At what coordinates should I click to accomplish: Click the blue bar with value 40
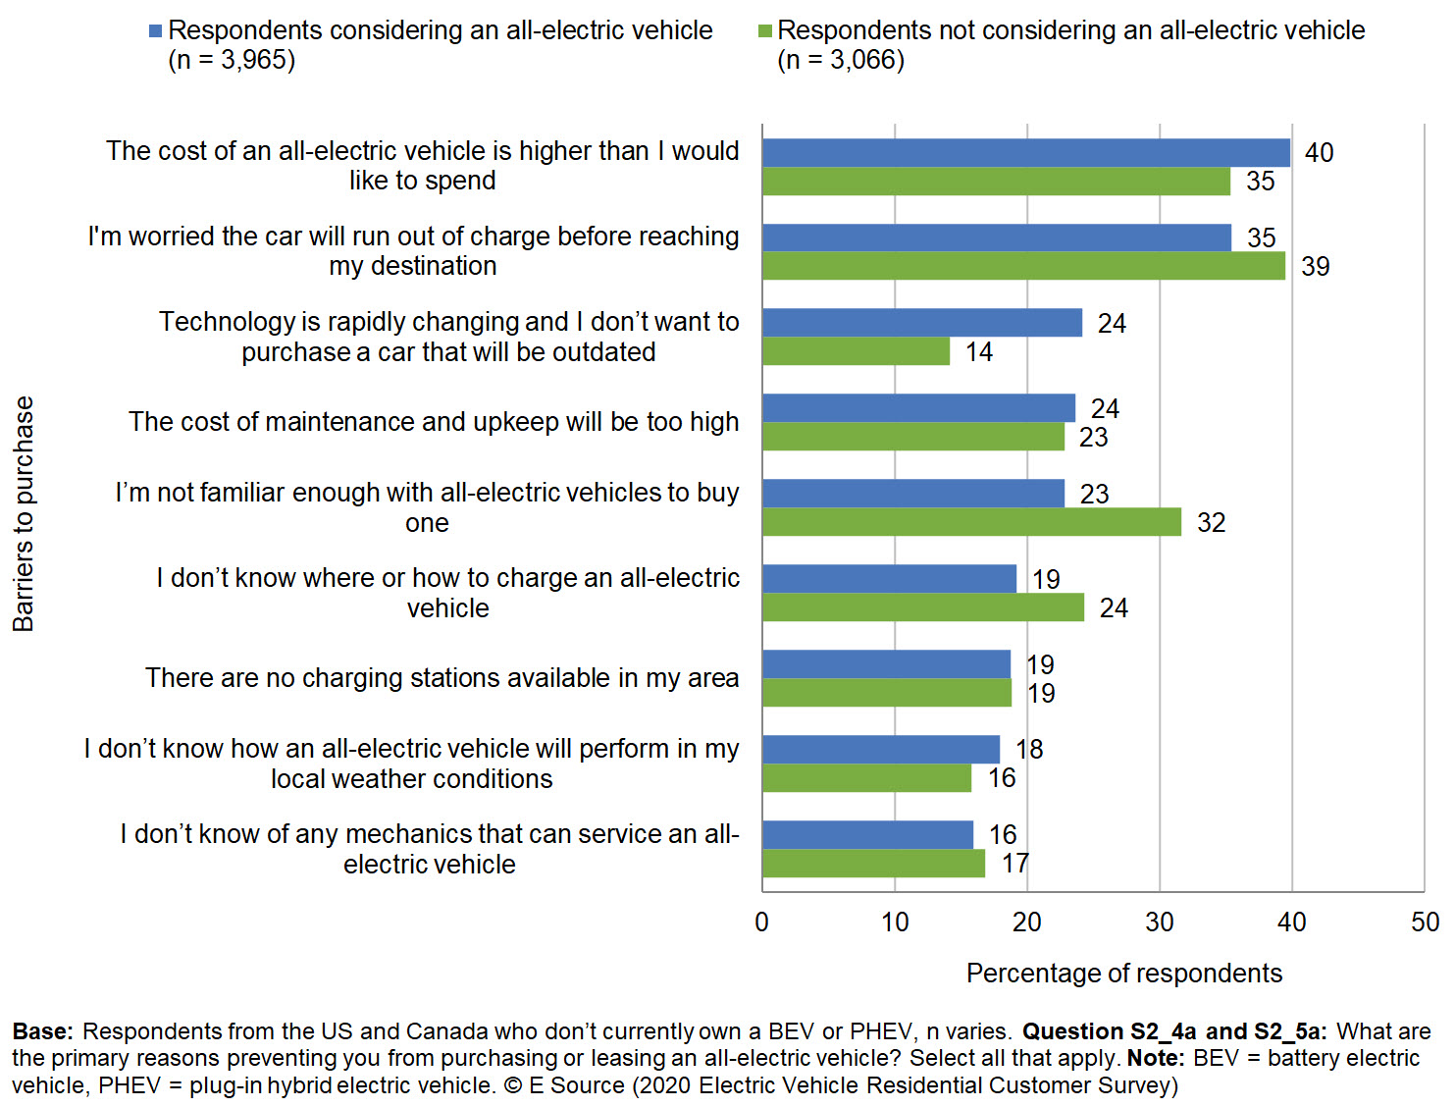coord(1025,153)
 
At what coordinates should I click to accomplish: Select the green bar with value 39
coord(1023,266)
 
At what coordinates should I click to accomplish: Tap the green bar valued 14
coord(856,351)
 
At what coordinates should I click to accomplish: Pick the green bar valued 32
coord(971,522)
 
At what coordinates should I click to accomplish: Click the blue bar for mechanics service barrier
coord(867,834)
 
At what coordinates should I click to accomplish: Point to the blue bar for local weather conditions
coord(880,749)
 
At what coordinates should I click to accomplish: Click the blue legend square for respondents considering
coord(155,31)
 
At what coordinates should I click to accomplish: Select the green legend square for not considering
coord(765,31)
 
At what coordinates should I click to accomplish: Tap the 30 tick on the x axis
coord(1160,922)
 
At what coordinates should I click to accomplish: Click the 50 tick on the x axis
coord(1425,922)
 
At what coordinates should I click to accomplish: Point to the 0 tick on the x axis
coord(762,922)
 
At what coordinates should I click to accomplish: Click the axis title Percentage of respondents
coord(1123,974)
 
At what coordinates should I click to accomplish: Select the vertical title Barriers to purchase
coord(24,513)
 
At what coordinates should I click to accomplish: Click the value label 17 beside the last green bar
coord(1014,864)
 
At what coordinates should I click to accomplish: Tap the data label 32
coord(1211,523)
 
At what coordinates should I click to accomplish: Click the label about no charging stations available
coord(442,678)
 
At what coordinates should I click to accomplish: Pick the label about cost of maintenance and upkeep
coord(433,422)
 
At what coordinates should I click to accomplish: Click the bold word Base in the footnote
coord(42,1031)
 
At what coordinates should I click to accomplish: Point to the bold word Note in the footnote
coord(1155,1058)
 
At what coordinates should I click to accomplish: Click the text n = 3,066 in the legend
coord(841,61)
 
